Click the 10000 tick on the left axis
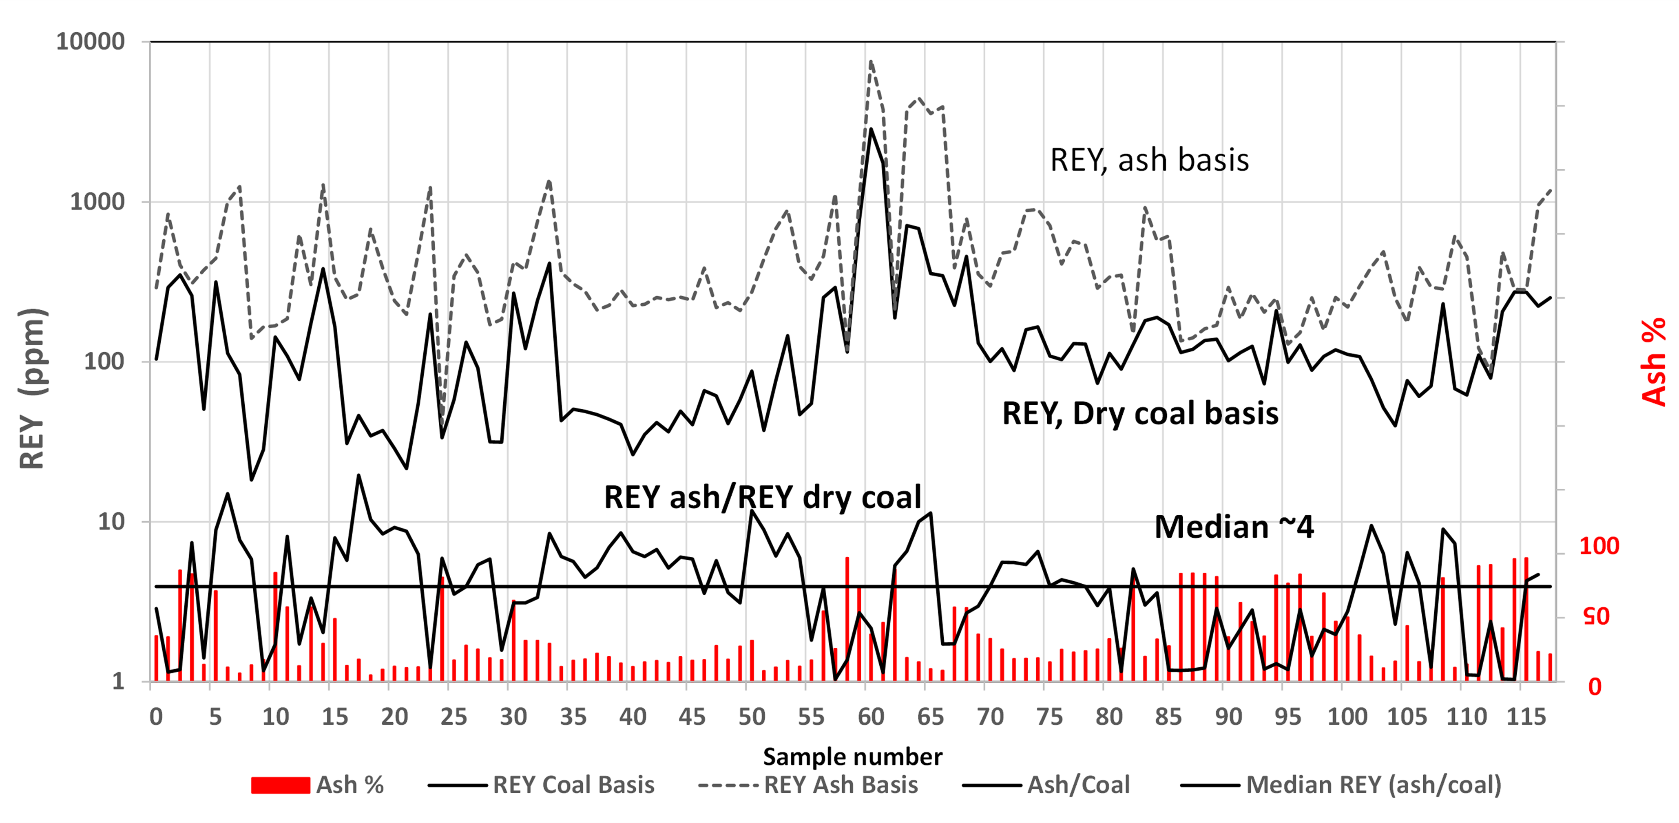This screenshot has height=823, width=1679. coord(90,42)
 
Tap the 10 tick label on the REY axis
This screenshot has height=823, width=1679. coord(111,521)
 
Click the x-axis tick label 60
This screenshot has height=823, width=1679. coord(871,717)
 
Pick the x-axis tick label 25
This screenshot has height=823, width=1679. coord(453,717)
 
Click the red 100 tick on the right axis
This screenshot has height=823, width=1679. coord(1599,546)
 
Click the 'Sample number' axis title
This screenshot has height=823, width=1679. coord(852,757)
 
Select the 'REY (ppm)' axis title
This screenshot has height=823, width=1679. coord(31,388)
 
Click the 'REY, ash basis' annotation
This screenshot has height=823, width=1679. coord(1149,160)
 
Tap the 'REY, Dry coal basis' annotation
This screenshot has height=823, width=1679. coord(1140,413)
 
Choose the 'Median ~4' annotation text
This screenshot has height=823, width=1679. coord(1234,527)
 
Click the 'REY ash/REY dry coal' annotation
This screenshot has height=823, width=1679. coord(763,497)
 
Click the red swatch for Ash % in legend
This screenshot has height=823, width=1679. coord(280,785)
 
